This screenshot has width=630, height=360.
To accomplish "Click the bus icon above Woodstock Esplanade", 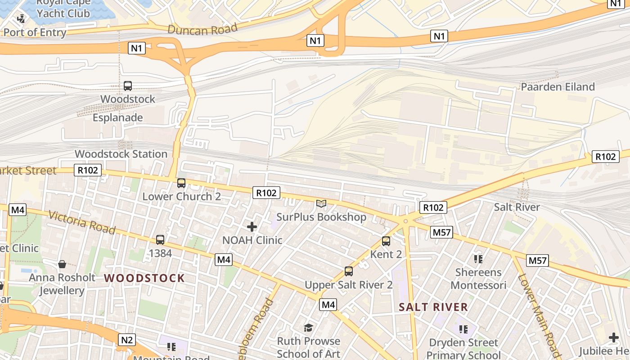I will (x=128, y=85).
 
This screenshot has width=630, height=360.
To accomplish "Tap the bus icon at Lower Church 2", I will (x=181, y=183).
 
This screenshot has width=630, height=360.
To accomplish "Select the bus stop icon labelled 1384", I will (x=160, y=240).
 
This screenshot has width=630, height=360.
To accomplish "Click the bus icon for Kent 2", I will (x=386, y=241).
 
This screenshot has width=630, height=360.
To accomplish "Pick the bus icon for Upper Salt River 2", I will (x=349, y=271).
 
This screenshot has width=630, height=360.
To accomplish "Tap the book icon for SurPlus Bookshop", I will (x=321, y=204).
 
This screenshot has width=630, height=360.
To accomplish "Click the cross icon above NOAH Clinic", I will (x=252, y=227).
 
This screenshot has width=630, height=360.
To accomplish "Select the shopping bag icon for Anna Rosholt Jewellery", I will (x=62, y=264).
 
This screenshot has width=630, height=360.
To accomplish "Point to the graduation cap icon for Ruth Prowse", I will (x=308, y=328).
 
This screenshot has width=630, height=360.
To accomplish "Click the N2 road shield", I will (x=127, y=340).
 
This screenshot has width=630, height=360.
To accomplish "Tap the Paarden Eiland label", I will (x=558, y=87).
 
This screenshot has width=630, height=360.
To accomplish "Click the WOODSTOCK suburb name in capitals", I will (x=144, y=278).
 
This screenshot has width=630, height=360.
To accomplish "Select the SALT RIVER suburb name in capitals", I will (x=433, y=307).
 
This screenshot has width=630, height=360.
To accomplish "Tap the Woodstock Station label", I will (x=121, y=154).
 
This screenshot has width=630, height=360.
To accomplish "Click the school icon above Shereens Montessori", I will (x=478, y=259).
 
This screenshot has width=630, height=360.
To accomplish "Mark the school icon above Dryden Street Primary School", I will (x=463, y=329).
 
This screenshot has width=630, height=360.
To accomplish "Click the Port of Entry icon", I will (x=21, y=19).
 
